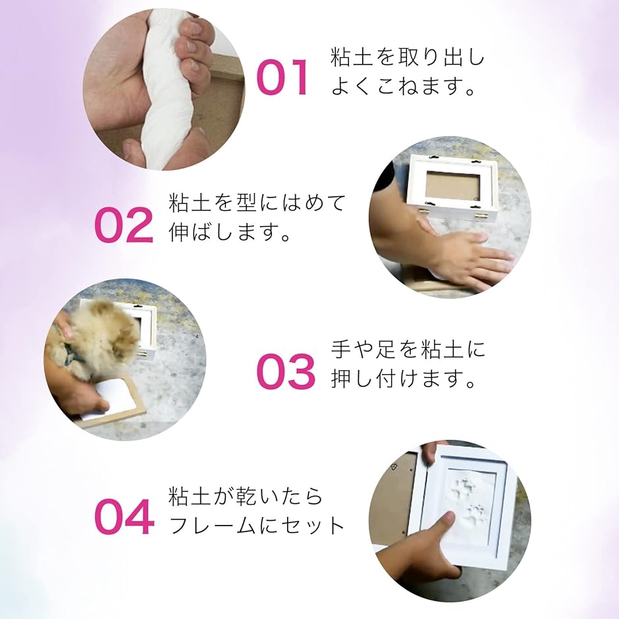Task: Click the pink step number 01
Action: tap(283, 77)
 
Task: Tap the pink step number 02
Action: tap(124, 225)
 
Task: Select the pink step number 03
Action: tap(286, 372)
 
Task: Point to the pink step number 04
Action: tap(124, 516)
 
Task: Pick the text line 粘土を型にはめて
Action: tap(257, 203)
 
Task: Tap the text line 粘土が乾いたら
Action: tap(246, 497)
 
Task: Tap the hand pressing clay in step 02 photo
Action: tap(468, 257)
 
